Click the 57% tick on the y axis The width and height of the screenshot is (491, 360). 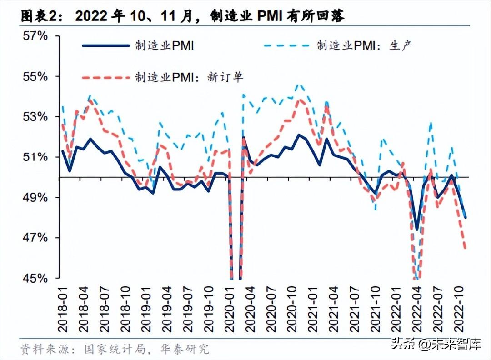[35, 36]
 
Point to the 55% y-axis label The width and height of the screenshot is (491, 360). [35, 76]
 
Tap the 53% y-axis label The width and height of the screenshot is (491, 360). [35, 117]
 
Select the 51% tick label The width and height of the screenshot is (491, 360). [35, 157]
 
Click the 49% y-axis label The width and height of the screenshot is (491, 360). [35, 197]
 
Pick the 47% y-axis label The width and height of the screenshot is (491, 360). [35, 238]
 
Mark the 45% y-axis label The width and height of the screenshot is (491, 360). [35, 278]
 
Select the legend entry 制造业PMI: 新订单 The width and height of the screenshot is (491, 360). [188, 77]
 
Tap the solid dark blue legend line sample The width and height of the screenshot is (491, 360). [105, 45]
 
